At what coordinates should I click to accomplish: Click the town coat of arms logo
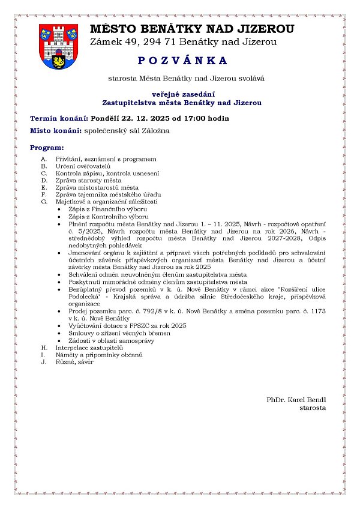tap(58, 46)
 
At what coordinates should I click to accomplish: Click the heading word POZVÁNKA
tap(179, 61)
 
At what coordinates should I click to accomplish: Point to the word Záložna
tap(155, 130)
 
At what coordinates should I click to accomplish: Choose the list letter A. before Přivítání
tap(44, 159)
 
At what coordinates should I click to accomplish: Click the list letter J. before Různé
tap(44, 362)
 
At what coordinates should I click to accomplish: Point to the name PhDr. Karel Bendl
tap(296, 400)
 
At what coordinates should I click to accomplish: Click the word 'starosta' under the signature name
tap(313, 408)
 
